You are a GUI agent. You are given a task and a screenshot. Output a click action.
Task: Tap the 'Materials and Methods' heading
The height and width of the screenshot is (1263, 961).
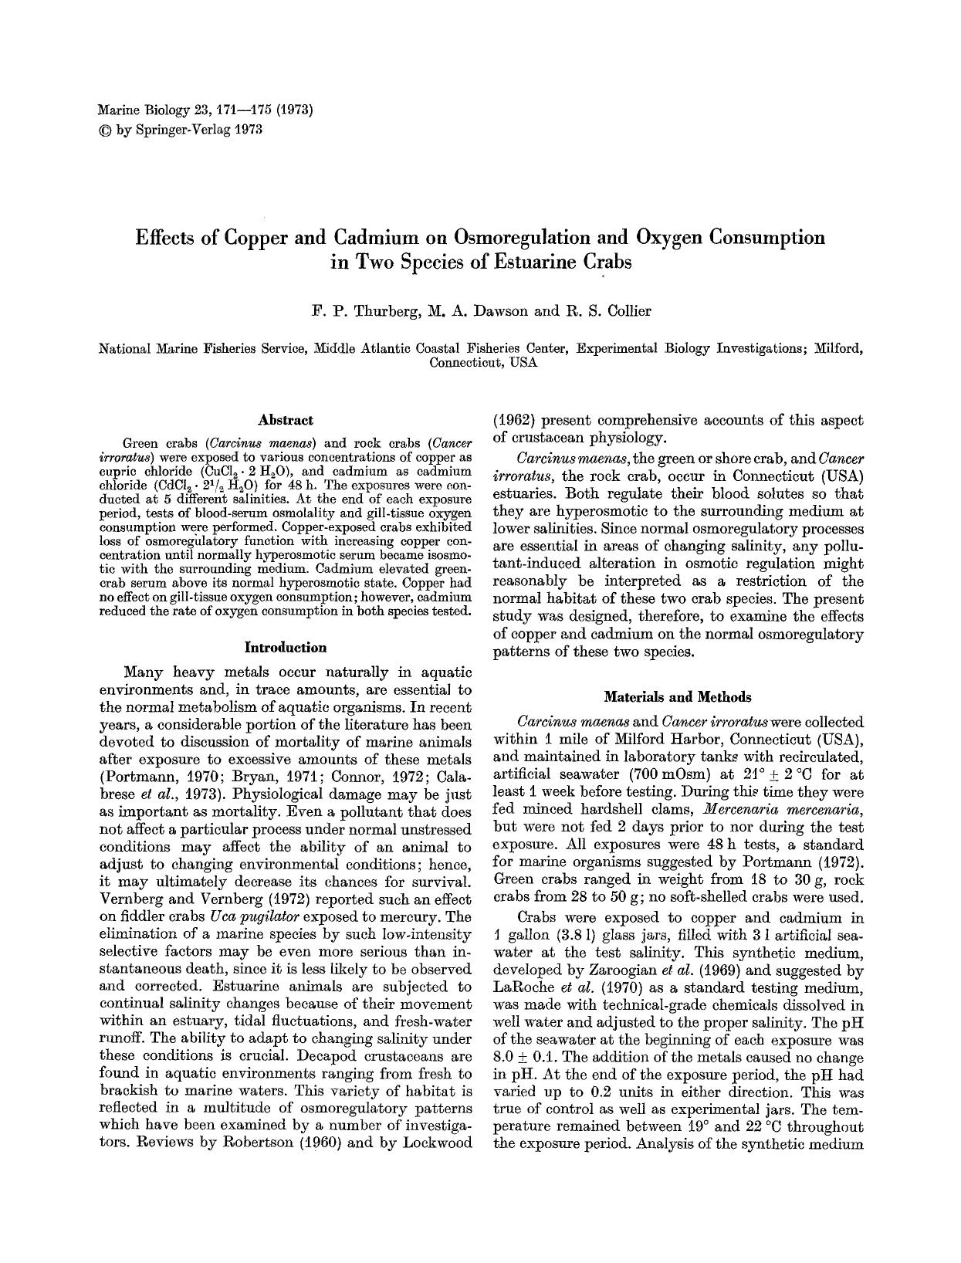(677, 697)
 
